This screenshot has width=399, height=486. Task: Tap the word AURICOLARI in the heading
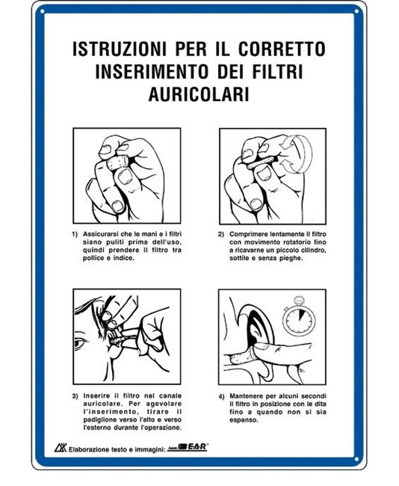[x=199, y=93]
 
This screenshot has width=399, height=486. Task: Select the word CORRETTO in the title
[x=282, y=49]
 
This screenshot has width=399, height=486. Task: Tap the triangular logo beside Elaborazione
[x=61, y=447]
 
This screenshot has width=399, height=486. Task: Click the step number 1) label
[x=75, y=234]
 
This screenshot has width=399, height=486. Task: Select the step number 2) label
[x=221, y=234]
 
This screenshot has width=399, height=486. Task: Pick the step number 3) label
[x=75, y=396]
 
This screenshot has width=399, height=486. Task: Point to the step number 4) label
[x=221, y=396]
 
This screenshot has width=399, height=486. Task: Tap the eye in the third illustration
[x=80, y=343]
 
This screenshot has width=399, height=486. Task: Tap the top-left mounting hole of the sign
[x=43, y=12]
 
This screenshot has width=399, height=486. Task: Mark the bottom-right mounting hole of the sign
[x=356, y=459]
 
